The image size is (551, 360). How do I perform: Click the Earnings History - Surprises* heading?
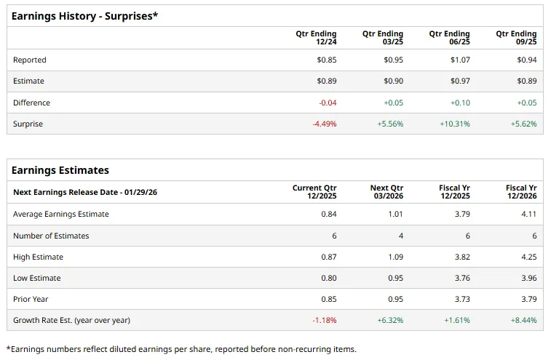coord(84,15)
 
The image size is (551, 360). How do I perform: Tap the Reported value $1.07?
coord(460,60)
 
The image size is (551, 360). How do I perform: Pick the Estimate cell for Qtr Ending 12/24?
coord(327,81)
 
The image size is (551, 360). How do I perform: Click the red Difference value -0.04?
coord(328,103)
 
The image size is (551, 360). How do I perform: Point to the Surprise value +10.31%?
coord(454,124)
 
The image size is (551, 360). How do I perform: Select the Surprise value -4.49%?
coord(325,124)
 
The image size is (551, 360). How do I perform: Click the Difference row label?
coord(31,103)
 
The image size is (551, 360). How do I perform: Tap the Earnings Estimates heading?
coord(60,170)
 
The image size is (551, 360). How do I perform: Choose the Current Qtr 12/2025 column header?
coord(314,192)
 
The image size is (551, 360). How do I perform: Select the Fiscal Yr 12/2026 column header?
coord(521,192)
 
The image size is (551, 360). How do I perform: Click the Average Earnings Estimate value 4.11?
coord(528,214)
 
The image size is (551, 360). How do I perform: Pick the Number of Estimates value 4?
coord(400,236)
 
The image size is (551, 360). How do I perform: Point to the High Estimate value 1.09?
coord(395,257)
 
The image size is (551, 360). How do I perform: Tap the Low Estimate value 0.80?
coord(328,278)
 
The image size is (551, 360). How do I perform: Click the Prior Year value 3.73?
coord(461,299)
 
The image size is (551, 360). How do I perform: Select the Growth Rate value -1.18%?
coord(325,320)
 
